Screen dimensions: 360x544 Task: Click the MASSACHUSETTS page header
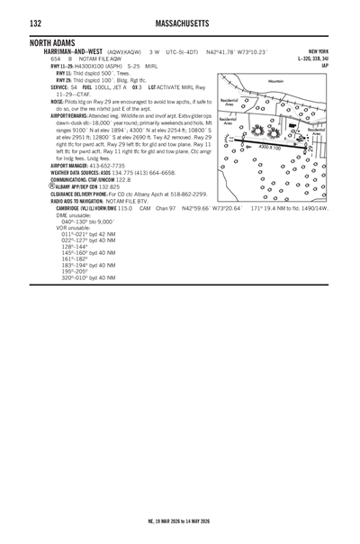[x=179, y=23]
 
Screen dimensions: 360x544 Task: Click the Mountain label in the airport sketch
[x=275, y=81]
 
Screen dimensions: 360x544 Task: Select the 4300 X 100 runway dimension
[x=269, y=146]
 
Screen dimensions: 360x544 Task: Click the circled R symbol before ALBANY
[x=51, y=186]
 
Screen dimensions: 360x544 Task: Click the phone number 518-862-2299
[x=187, y=194]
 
